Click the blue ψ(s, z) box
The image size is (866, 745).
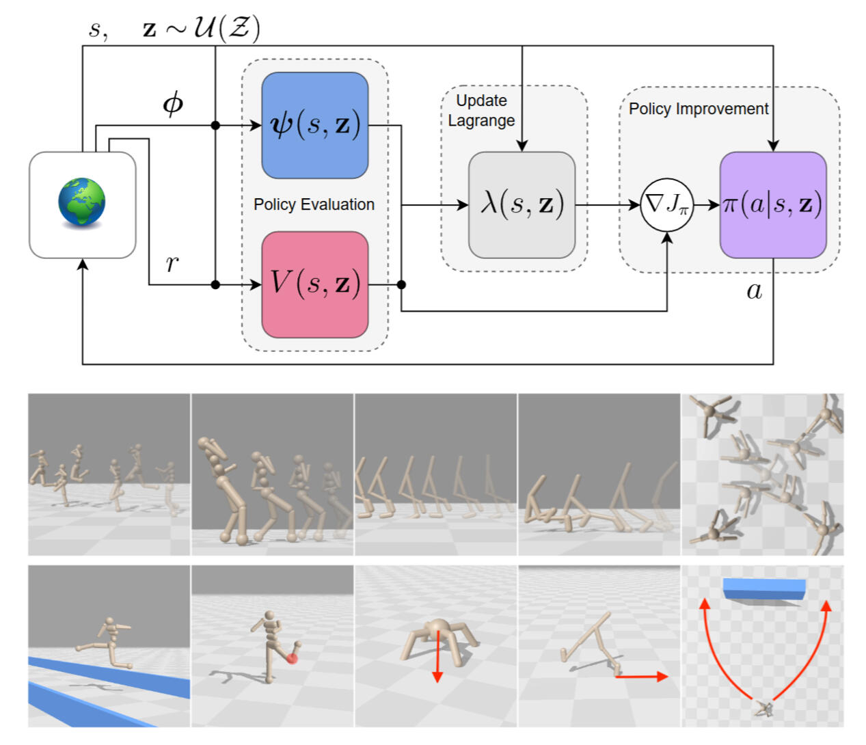click(314, 125)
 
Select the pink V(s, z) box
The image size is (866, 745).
click(314, 284)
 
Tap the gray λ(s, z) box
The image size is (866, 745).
click(522, 204)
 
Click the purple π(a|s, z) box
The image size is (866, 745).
click(772, 204)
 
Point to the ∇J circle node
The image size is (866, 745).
click(666, 204)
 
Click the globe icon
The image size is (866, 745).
click(82, 202)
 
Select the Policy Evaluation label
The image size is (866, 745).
click(314, 204)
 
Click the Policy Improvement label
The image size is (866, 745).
click(698, 109)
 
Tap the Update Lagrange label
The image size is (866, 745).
click(481, 111)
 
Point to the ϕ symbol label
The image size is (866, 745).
click(173, 103)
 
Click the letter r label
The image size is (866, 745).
click(172, 263)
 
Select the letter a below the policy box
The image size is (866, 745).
click(754, 291)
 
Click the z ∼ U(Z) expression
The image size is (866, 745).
click(201, 29)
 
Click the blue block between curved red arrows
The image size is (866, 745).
click(764, 589)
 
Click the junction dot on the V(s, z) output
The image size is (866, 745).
click(401, 284)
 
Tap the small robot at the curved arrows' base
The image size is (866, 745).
click(764, 710)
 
